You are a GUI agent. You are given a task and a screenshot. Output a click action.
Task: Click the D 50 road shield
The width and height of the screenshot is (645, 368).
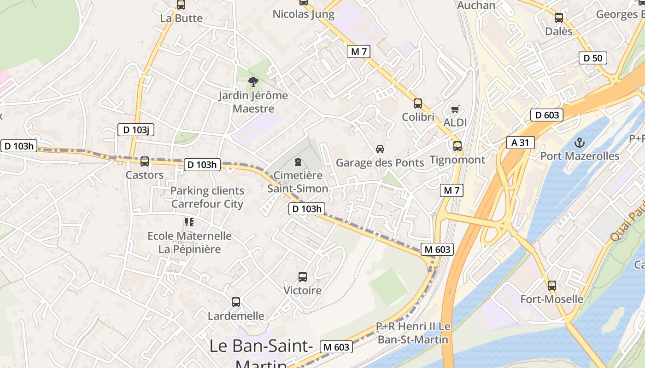tap(592, 58)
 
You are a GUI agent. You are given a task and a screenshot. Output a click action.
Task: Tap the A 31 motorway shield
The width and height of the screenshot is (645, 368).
tap(520, 143)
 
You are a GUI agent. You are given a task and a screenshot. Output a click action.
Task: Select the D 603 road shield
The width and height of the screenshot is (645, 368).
tap(547, 115)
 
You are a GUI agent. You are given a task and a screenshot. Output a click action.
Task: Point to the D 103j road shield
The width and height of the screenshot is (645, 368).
tap(135, 130)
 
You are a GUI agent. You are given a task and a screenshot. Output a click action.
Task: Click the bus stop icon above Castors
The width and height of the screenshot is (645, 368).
tap(145, 161)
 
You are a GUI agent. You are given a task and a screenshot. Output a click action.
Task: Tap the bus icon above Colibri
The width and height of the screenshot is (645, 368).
tap(418, 103)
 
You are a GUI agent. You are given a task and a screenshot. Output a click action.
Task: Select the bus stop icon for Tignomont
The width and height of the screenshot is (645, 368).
tap(457, 146)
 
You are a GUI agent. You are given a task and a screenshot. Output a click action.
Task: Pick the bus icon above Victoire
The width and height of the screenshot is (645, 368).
tap(303, 277)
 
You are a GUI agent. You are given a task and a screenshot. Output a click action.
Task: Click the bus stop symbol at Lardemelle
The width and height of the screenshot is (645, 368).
tap(236, 302)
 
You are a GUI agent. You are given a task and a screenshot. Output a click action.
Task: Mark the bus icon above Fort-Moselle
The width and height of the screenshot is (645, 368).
tap(552, 286)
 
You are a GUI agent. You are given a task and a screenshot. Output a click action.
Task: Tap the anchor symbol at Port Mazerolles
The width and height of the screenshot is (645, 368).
tap(580, 142)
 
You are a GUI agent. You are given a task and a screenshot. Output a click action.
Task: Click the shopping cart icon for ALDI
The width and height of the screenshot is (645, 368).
tap(455, 109)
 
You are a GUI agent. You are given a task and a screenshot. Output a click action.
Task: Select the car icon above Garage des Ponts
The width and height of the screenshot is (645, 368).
tap(380, 149)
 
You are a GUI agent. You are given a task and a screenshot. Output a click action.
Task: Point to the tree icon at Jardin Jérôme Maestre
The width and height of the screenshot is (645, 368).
tap(253, 82)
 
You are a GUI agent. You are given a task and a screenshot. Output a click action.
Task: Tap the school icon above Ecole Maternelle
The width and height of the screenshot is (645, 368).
tap(189, 222)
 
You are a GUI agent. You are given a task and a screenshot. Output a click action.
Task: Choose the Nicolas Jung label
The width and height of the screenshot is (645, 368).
tap(304, 14)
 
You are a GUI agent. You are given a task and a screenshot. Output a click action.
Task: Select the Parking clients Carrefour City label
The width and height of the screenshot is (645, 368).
tap(207, 197)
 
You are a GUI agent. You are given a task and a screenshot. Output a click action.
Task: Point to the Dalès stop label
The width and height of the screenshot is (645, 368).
tap(558, 31)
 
